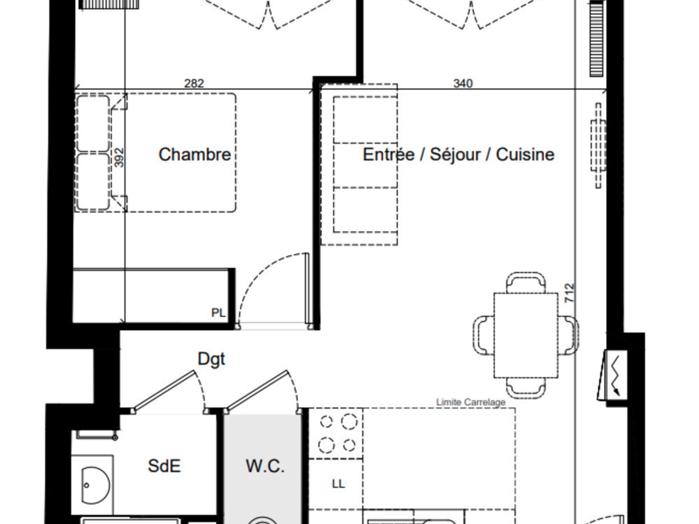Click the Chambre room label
195,155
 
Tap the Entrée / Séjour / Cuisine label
459,155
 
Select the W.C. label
265,466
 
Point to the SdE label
165,466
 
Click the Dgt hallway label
211,360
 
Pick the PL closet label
218,313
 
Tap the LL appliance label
338,484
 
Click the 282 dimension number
194,83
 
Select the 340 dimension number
463,83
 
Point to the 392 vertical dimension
119,158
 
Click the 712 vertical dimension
569,293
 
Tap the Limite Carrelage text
471,402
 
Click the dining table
526,335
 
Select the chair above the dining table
526,282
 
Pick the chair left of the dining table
484,335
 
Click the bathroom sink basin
95,486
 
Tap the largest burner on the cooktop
349,422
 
